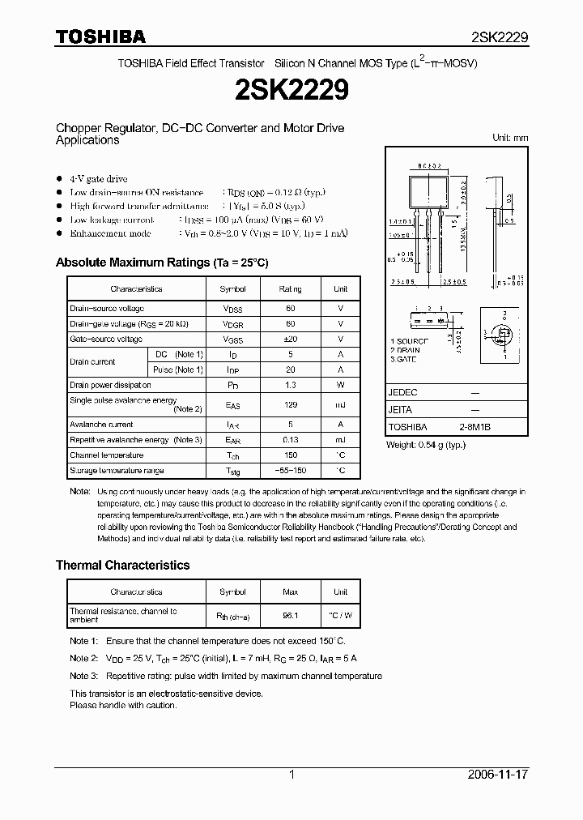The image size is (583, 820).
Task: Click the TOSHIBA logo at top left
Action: coord(100,36)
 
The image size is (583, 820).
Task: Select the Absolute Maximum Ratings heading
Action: coord(161,263)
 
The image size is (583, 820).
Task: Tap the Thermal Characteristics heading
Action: coord(122,565)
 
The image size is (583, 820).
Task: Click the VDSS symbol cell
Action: coord(232,309)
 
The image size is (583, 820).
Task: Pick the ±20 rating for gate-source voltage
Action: coord(290,340)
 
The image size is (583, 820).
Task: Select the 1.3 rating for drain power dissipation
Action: coord(290,386)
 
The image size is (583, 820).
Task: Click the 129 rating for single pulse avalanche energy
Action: coord(290,404)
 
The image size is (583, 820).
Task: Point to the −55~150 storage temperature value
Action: coord(290,471)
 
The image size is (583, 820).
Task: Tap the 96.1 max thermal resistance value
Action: coord(290,615)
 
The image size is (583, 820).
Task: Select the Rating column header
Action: coord(290,288)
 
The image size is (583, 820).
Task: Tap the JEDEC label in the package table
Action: coord(403,392)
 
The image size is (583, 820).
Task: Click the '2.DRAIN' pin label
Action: coord(406,350)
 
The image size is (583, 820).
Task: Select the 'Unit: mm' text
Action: coord(510,138)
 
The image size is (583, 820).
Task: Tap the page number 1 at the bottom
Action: coord(291,775)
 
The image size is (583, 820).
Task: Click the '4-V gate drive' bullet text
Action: coord(98,178)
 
